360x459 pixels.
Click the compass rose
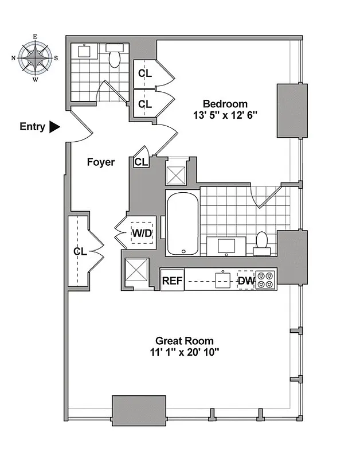click(x=35, y=57)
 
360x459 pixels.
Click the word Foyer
click(x=100, y=162)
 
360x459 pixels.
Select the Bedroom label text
click(x=225, y=104)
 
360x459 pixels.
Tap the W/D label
click(x=142, y=234)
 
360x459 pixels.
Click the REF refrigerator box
click(x=172, y=281)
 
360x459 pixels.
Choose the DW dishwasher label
click(x=245, y=281)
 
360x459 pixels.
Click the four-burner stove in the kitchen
click(x=265, y=280)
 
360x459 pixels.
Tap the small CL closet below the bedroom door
click(x=140, y=162)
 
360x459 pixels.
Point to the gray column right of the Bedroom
click(x=292, y=111)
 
